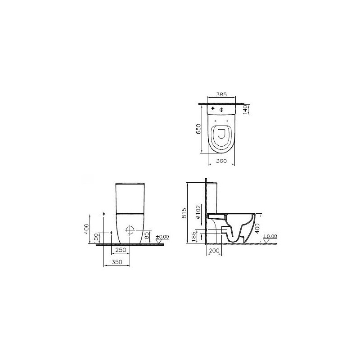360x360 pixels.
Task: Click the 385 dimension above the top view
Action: point(221,94)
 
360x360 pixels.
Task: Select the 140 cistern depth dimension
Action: point(245,109)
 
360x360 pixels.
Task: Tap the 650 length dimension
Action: point(198,129)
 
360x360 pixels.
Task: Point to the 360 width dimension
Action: point(221,161)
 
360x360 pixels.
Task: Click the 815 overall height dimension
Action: point(184,213)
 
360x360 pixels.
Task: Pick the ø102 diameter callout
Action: point(198,211)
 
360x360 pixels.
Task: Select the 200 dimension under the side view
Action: point(215,251)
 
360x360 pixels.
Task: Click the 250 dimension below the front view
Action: point(121,250)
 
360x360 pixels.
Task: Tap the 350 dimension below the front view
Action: point(117,262)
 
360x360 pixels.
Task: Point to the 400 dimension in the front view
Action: point(86,229)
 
